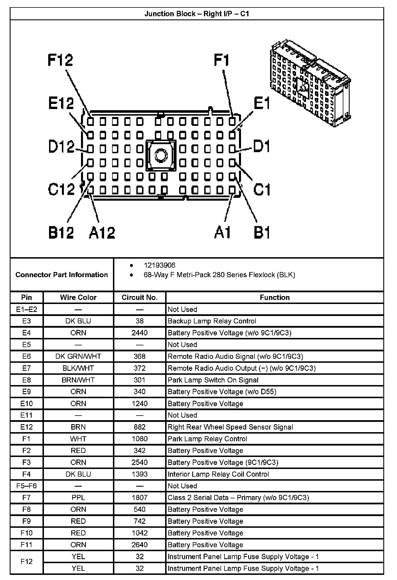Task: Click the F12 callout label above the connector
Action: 60,60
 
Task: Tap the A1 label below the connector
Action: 222,232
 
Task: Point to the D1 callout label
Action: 261,146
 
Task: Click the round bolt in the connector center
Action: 161,156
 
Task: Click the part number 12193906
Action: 159,265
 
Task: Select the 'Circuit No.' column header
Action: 139,297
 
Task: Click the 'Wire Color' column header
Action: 78,297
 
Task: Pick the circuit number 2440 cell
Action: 139,333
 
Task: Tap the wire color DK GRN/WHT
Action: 78,357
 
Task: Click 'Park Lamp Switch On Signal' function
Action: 213,380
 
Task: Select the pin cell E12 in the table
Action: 27,427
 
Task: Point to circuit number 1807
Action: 139,498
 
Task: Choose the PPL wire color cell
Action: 78,498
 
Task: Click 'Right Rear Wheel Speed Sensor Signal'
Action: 230,427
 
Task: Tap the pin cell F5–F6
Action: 27,486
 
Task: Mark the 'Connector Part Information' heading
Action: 62,275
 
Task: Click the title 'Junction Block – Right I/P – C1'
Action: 197,14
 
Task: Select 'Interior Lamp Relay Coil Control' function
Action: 218,474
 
